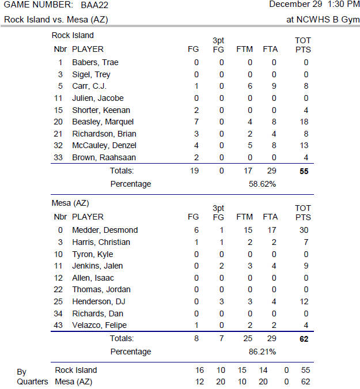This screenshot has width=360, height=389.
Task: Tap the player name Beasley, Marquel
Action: [103, 122]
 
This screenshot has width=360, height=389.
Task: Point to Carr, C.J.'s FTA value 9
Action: [274, 86]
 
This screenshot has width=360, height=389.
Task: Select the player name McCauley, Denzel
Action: [104, 145]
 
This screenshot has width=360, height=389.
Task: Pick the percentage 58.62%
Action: [261, 184]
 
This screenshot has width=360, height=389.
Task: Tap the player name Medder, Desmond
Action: [105, 230]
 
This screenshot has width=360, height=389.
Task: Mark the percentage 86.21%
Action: [261, 352]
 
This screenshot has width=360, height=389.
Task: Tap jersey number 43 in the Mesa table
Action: [58, 325]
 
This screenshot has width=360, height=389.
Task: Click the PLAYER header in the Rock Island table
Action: [88, 50]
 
